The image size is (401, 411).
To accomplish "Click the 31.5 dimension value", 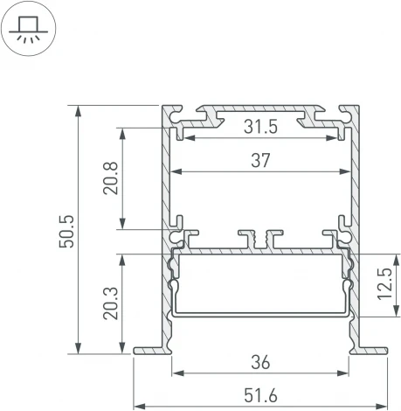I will pyautogui.click(x=260, y=128).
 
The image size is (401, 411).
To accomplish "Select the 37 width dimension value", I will pyautogui.click(x=260, y=160).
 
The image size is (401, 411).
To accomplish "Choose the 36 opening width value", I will pyautogui.click(x=259, y=360).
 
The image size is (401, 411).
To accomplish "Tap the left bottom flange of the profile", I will pyautogui.click(x=149, y=351).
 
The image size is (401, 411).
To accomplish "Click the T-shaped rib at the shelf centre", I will pyautogui.click(x=260, y=237).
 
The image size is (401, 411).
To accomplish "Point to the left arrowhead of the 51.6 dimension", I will pyautogui.click(x=138, y=406).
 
